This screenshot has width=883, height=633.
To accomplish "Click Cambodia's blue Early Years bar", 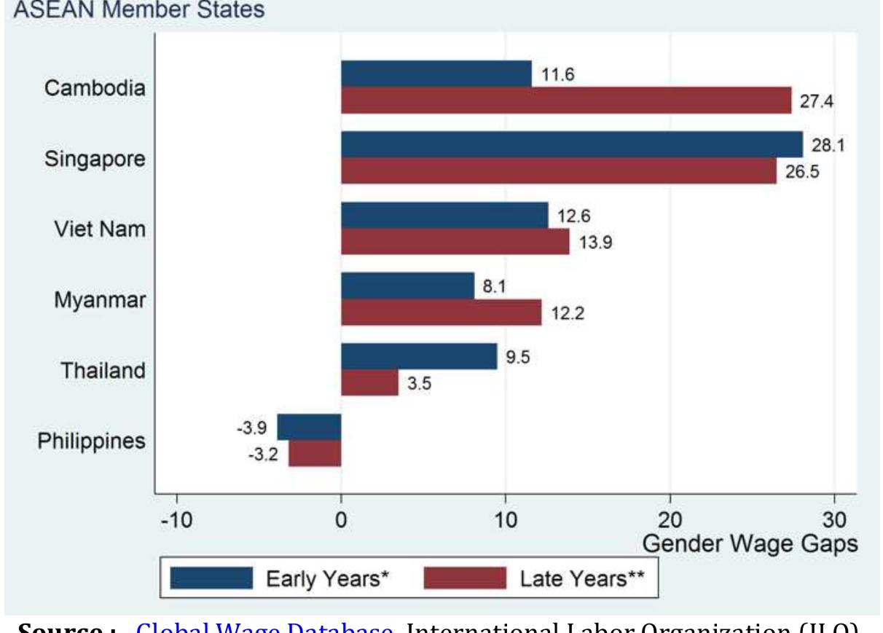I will (436, 74).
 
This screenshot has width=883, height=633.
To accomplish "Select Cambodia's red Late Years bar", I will (566, 101).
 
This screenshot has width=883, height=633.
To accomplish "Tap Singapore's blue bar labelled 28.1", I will (571, 144).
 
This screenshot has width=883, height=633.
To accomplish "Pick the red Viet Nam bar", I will (455, 242).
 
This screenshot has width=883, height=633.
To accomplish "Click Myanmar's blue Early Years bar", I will (407, 286).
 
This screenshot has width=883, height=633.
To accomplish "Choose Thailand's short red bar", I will (369, 383).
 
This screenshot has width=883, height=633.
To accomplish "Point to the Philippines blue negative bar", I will (309, 427).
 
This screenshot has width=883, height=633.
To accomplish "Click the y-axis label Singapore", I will (95, 159).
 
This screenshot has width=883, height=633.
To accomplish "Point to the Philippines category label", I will (91, 441).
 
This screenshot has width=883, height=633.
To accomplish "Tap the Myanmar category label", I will (100, 299).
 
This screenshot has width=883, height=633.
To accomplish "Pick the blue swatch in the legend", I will (211, 578).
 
